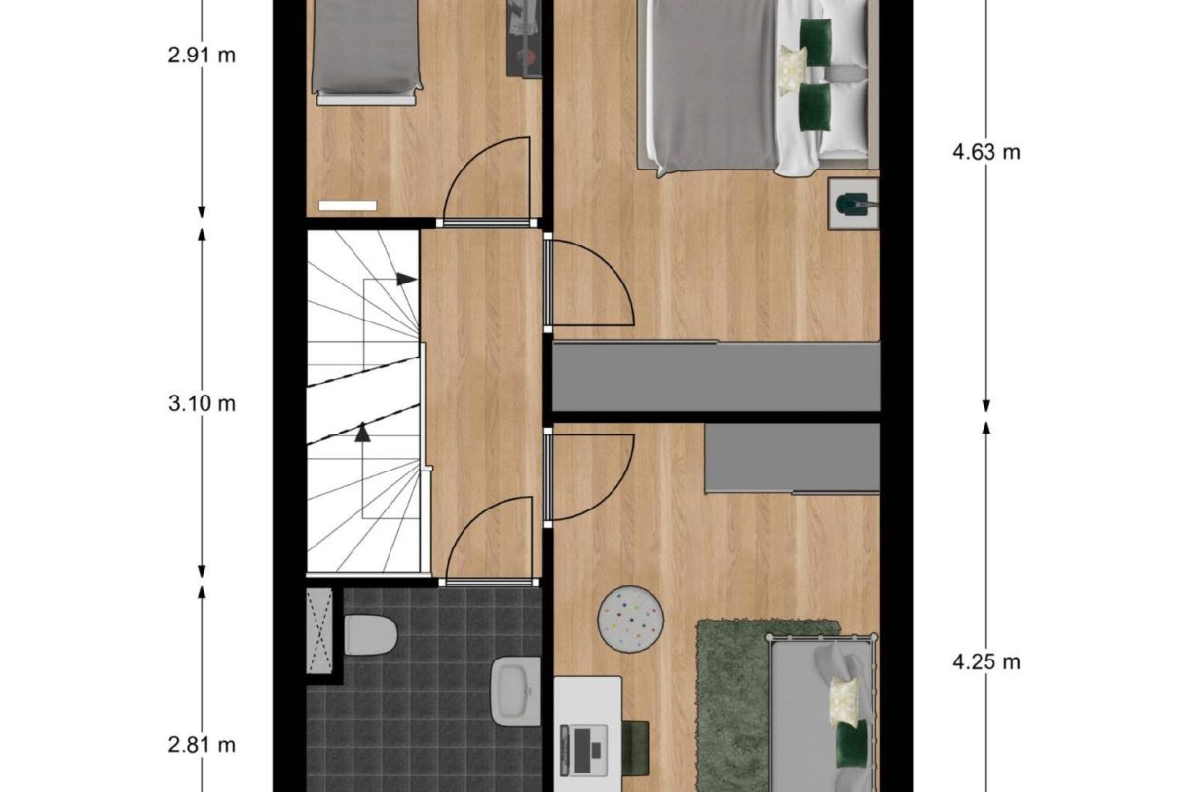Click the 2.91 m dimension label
click(202, 55)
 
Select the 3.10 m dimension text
click(202, 403)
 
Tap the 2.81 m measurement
click(202, 745)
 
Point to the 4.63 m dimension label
click(985, 152)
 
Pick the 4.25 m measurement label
click(985, 661)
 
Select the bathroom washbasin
click(515, 691)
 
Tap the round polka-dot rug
click(631, 619)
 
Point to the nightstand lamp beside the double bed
click(854, 204)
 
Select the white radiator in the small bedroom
click(347, 206)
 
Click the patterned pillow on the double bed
click(791, 70)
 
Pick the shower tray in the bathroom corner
click(319, 630)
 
